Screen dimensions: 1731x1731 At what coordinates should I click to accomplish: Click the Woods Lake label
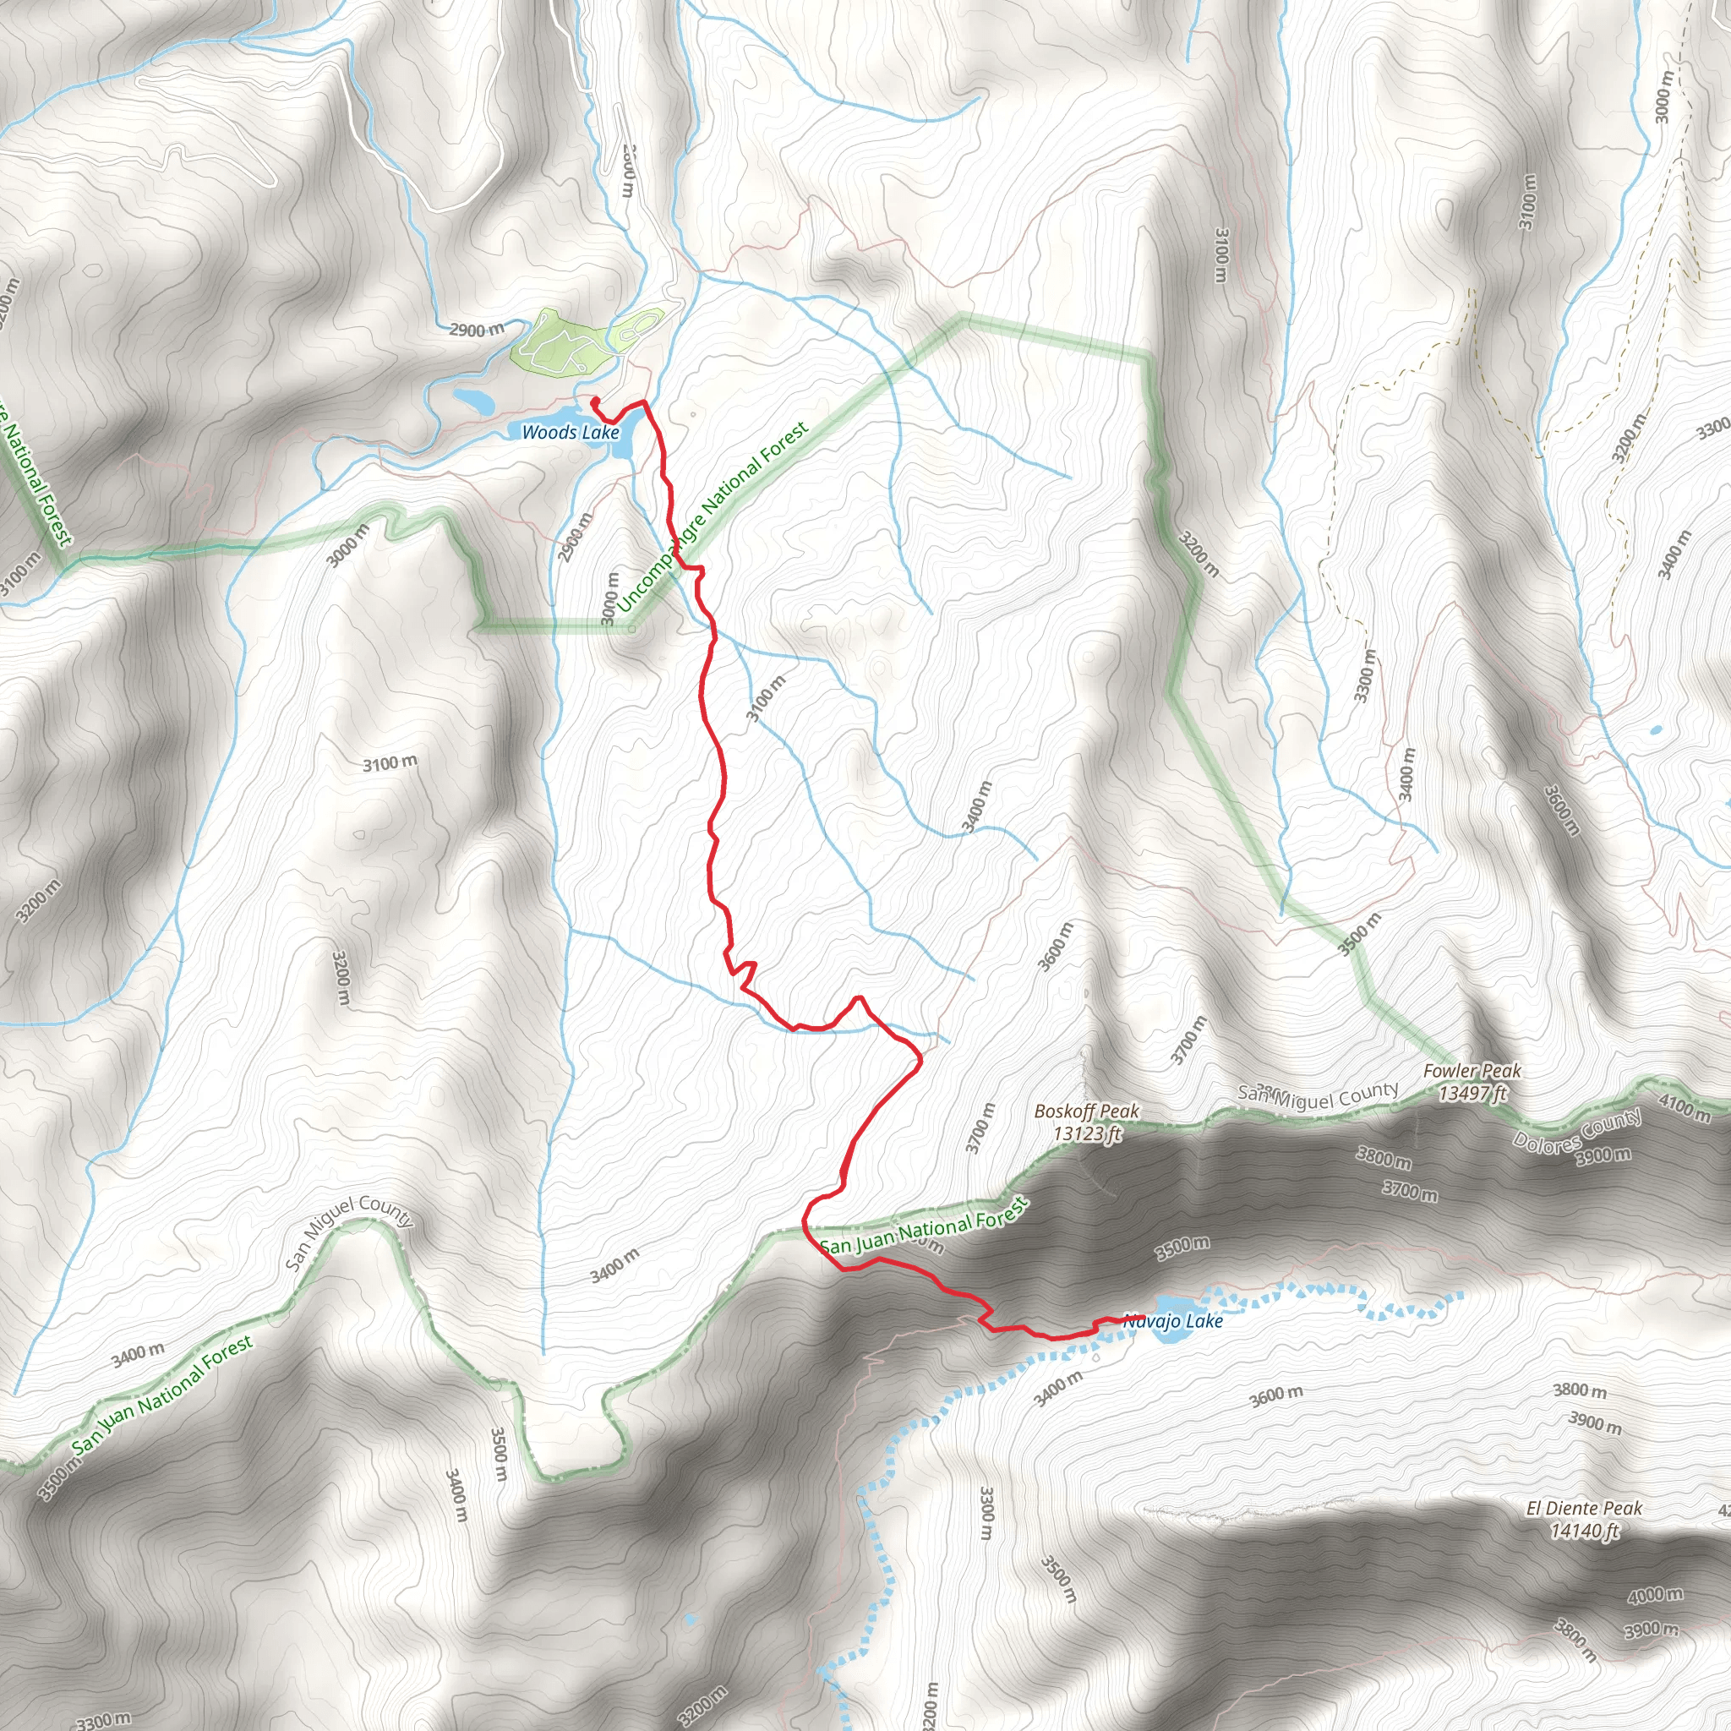570,433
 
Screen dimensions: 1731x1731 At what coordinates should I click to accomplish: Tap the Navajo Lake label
1173,1322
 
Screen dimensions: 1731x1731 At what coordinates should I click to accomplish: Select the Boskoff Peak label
1086,1111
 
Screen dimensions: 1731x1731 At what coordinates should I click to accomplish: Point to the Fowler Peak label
1472,1071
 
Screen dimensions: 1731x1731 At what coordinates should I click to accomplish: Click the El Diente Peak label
1584,1509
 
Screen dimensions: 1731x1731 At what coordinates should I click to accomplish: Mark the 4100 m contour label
1685,1108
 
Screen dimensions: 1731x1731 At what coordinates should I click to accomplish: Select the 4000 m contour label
1656,1596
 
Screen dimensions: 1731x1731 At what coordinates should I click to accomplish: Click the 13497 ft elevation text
1473,1093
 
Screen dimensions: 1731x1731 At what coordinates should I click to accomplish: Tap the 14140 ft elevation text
1584,1532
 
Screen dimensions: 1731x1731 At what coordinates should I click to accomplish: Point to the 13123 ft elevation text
1086,1134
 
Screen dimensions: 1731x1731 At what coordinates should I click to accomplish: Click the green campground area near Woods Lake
560,342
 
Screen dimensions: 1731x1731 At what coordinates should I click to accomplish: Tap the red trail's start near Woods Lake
594,401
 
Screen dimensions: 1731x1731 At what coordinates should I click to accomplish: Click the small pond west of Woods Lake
473,400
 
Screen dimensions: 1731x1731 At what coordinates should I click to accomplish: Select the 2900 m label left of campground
477,330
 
